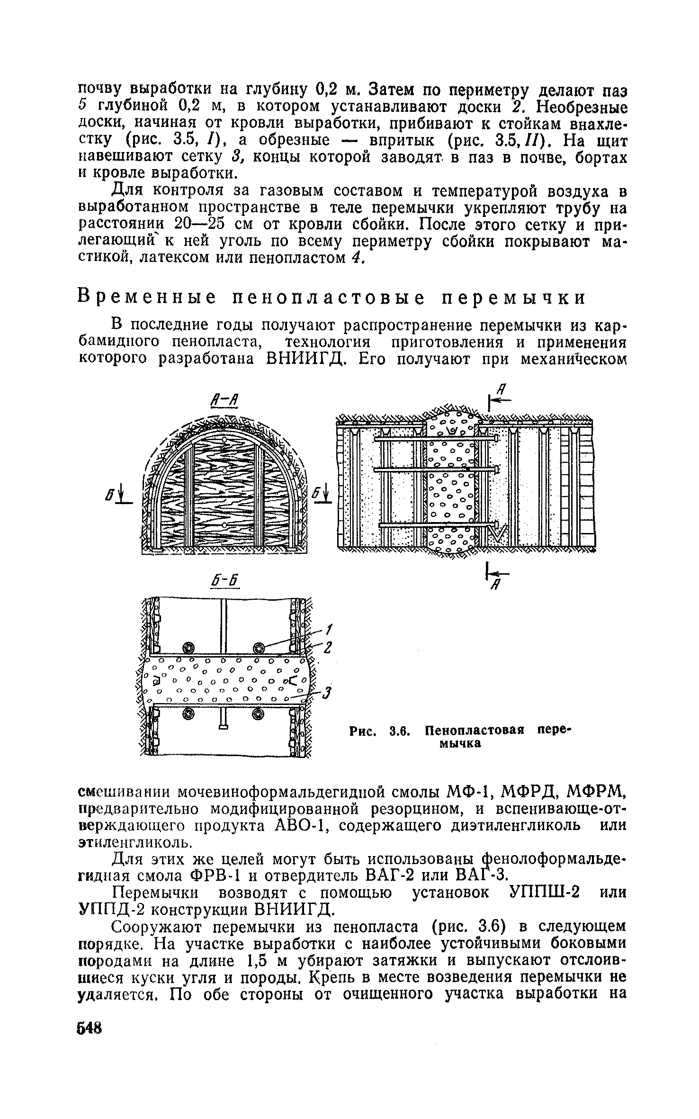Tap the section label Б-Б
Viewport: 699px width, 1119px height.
(226, 582)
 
